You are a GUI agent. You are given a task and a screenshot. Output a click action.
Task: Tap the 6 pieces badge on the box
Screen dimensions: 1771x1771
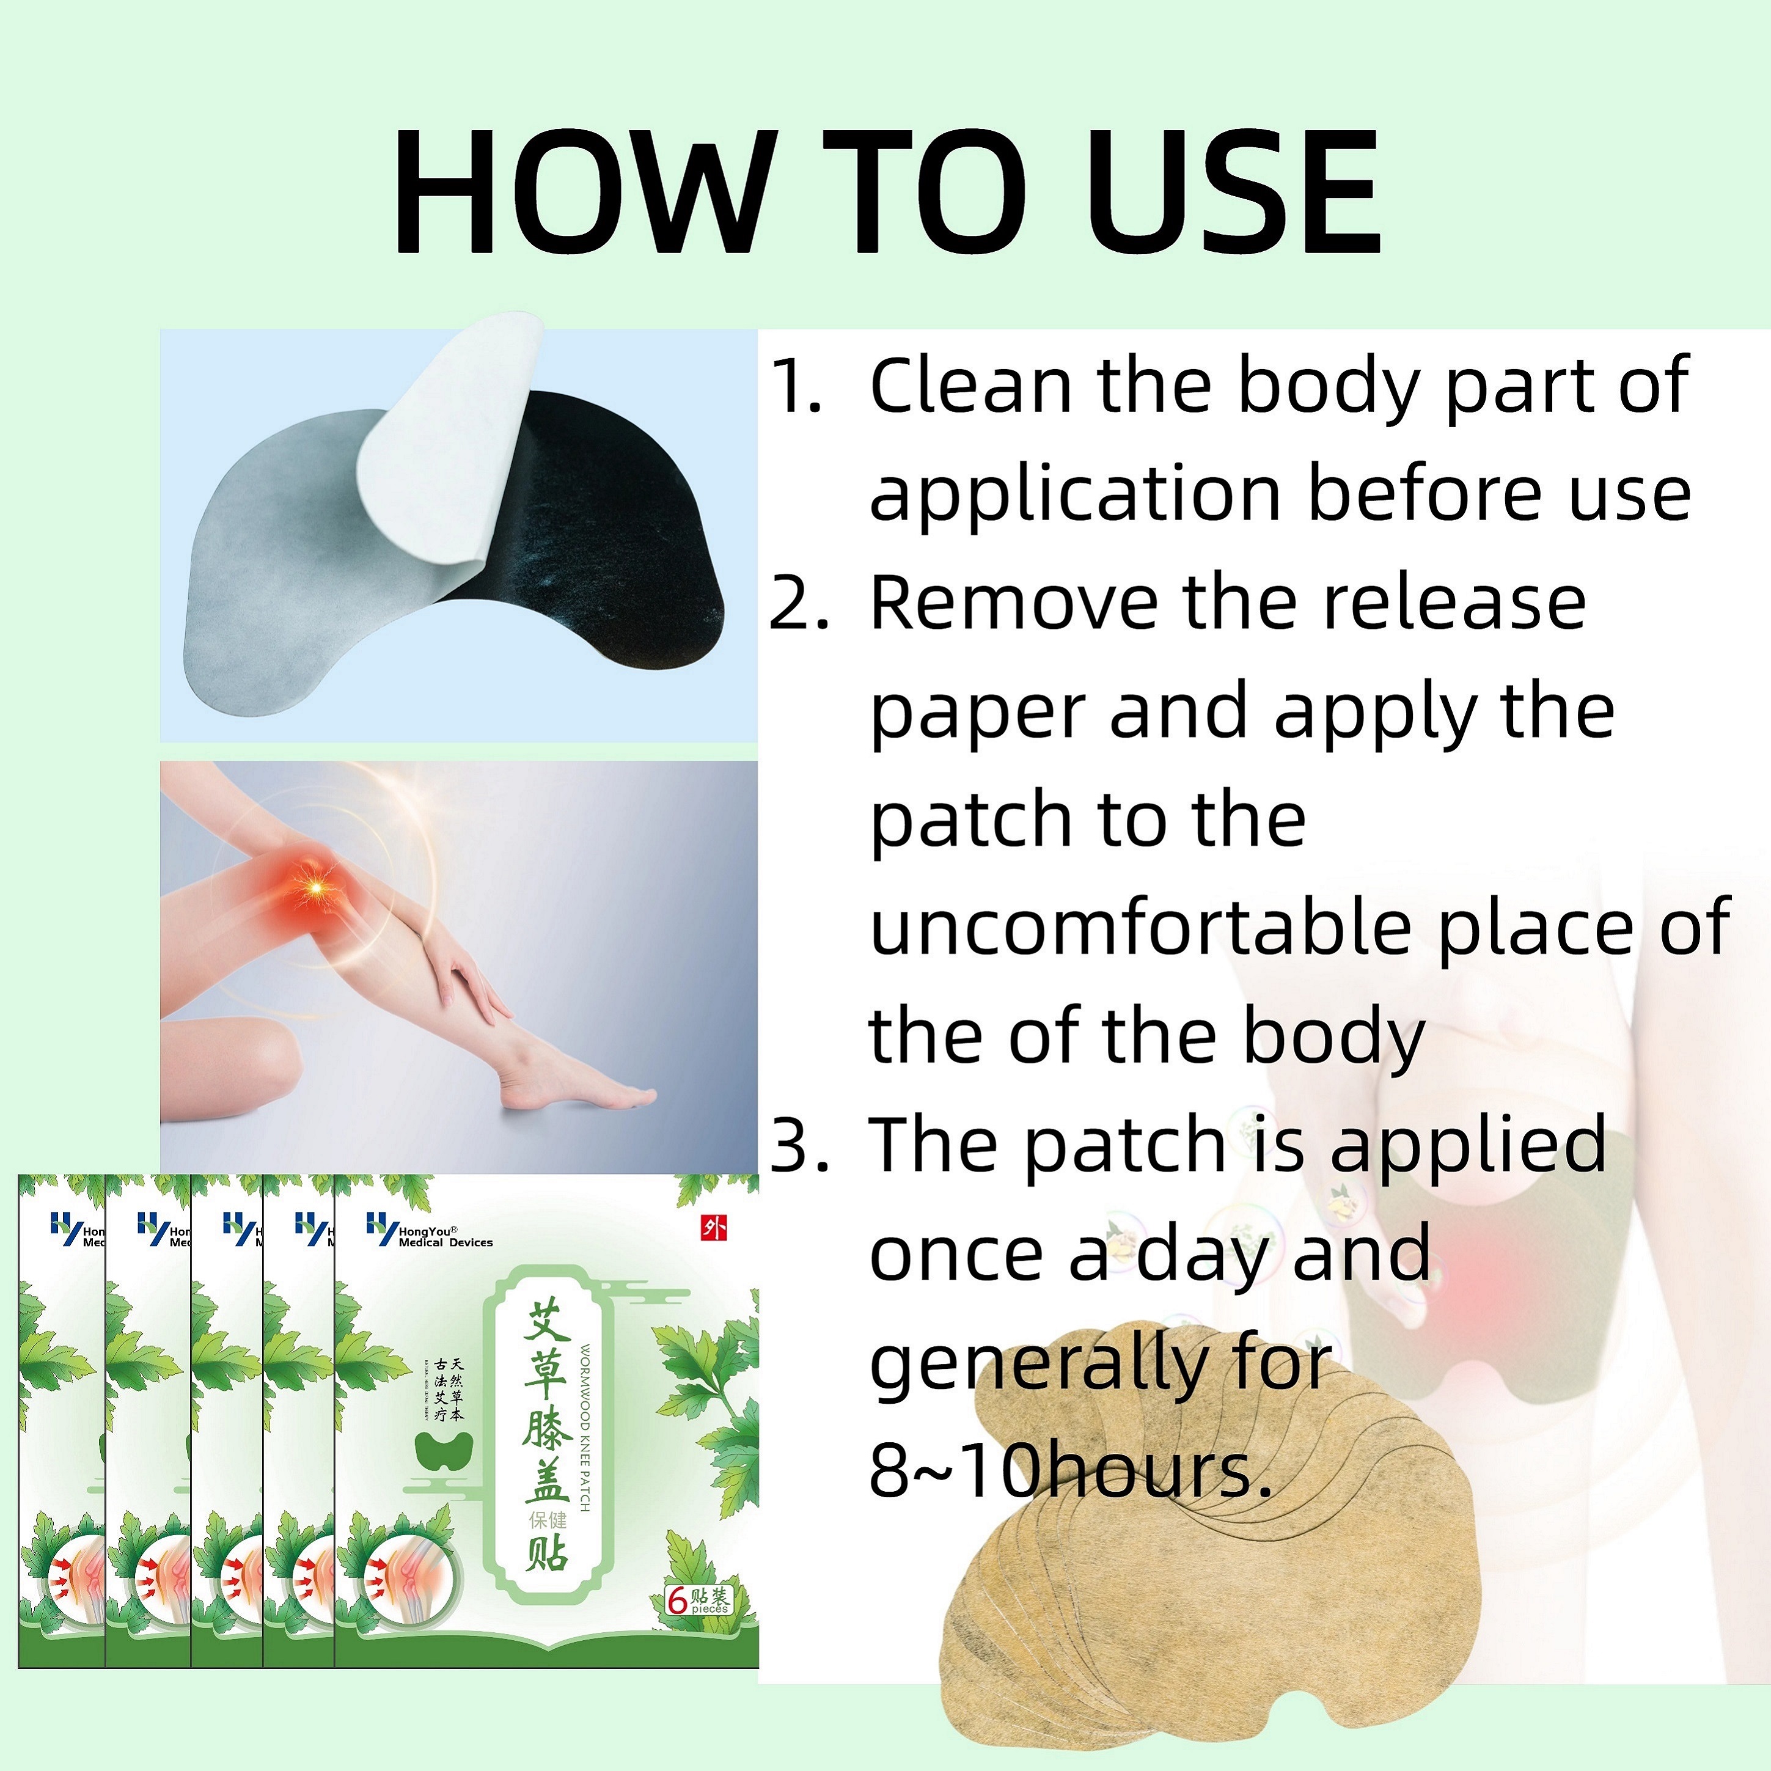click(x=698, y=1600)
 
